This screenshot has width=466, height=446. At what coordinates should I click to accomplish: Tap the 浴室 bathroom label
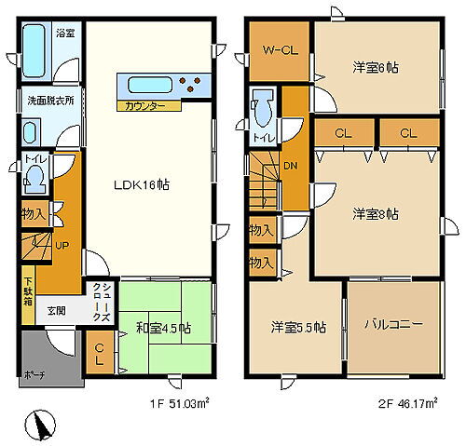pos(65,33)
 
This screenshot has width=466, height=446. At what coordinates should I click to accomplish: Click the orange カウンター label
pos(144,106)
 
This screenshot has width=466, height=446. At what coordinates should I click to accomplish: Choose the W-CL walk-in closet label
pos(279,50)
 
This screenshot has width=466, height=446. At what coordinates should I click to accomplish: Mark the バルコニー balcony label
pos(392,324)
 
